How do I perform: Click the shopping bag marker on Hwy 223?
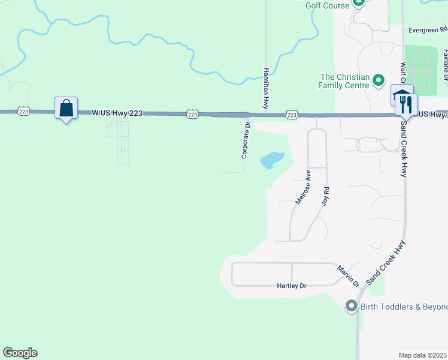[66, 109]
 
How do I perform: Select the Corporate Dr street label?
[246, 140]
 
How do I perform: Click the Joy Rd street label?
[326, 197]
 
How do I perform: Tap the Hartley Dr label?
[292, 287]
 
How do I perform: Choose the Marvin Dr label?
[347, 275]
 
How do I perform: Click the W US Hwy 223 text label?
[117, 112]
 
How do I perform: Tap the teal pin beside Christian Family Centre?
[379, 80]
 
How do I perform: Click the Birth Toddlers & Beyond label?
[404, 307]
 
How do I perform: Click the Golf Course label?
[327, 5]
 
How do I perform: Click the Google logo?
[20, 353]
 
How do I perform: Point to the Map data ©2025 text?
[423, 355]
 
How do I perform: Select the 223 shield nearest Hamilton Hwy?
[292, 114]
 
